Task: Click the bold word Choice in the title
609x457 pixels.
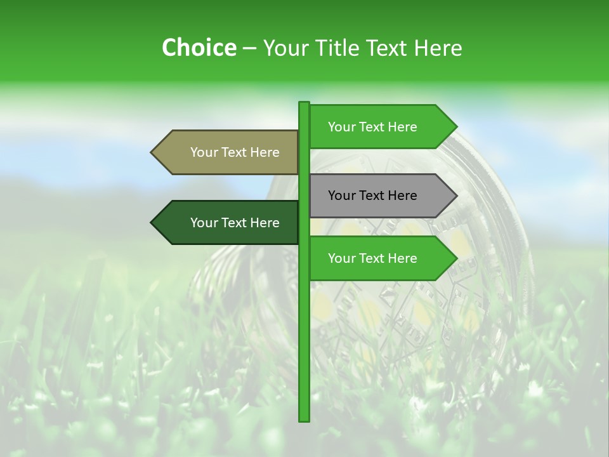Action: pos(199,48)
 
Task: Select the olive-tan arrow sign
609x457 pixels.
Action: pos(228,152)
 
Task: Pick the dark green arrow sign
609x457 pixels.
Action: pos(228,223)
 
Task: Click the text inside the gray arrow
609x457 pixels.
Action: pos(372,195)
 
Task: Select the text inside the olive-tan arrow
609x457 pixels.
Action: pos(235,152)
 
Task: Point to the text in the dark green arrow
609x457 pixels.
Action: pos(235,223)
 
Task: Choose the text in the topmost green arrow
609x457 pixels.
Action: pos(372,127)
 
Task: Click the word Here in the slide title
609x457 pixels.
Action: pos(438,48)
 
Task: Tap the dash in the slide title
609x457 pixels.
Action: pos(249,49)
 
